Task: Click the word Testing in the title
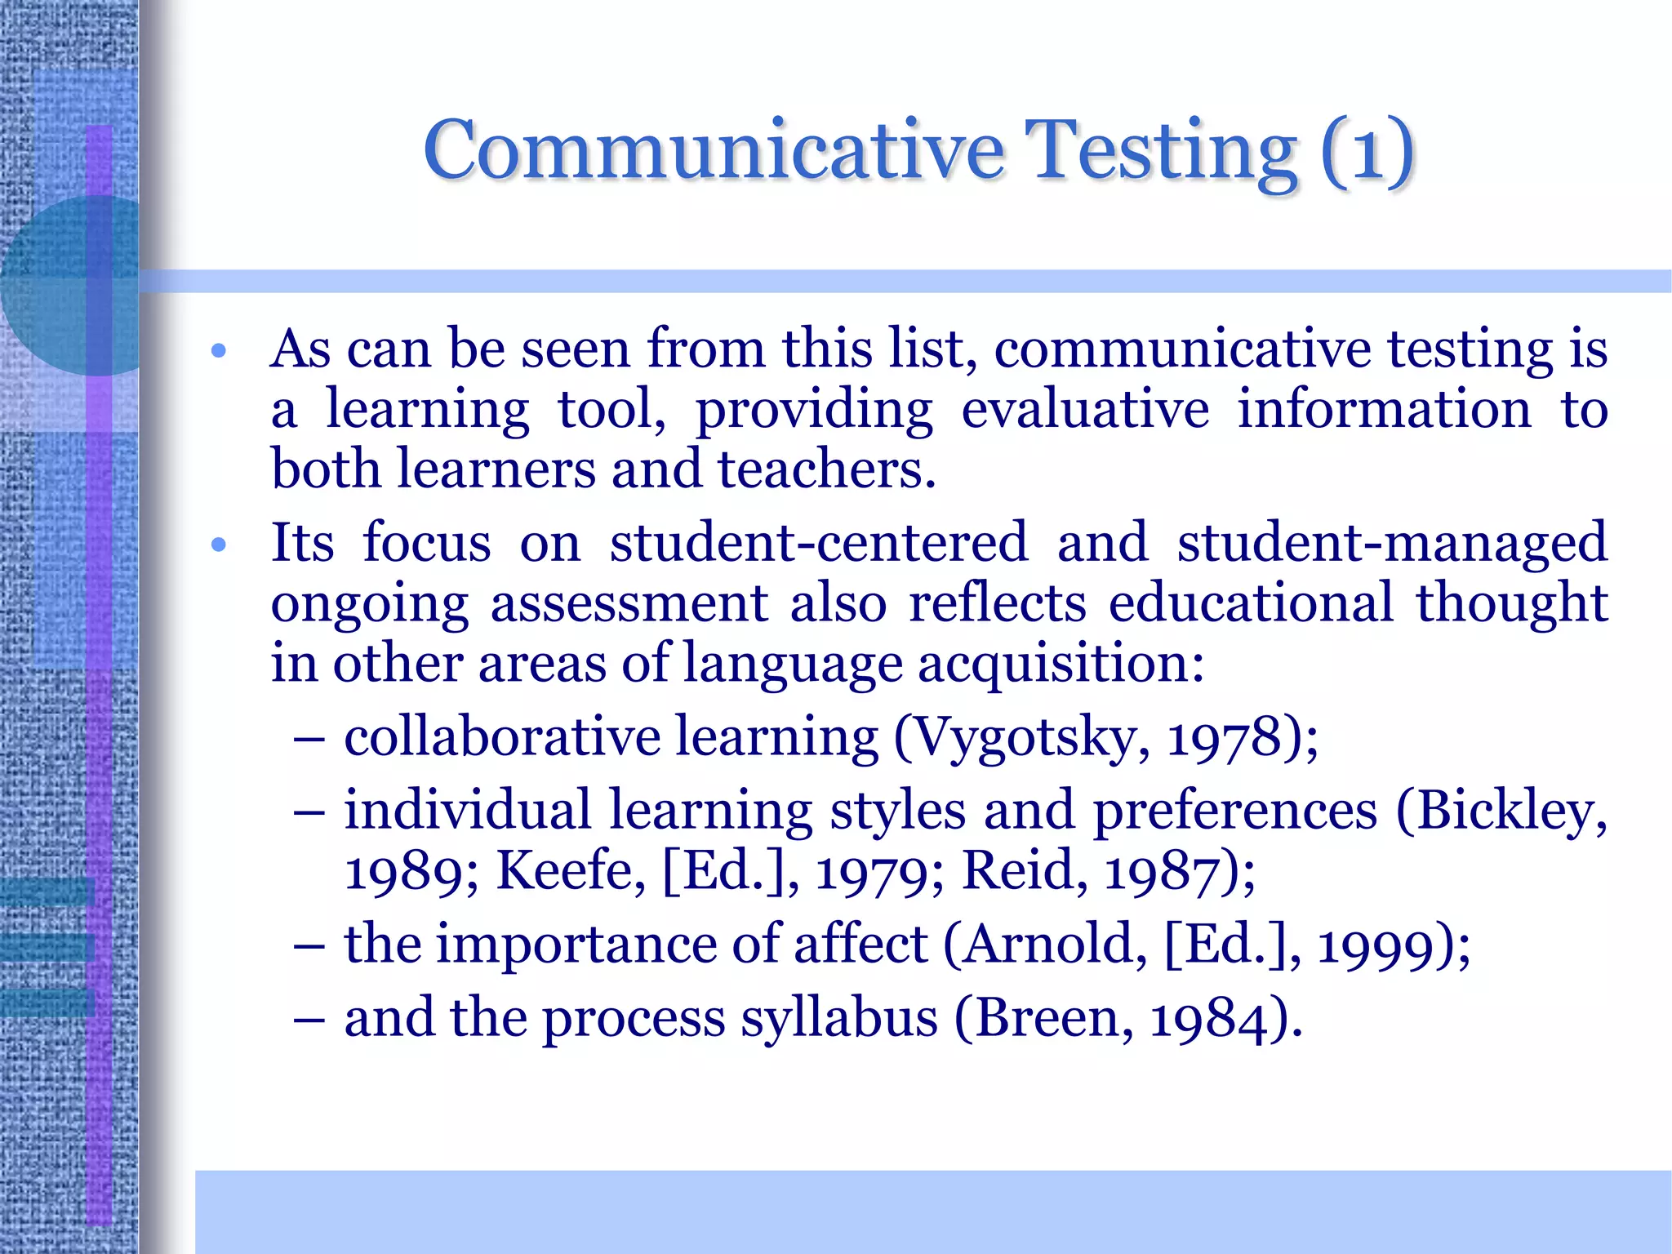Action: point(1160,151)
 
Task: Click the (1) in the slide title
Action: point(1367,151)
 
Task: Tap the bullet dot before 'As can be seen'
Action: point(218,352)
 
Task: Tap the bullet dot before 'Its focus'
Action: point(218,545)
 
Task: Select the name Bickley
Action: point(1511,812)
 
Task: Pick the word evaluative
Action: point(1085,409)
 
